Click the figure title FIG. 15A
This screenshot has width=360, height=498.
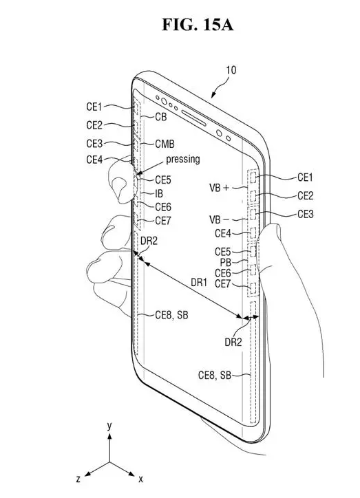198,25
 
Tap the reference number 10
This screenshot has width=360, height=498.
231,70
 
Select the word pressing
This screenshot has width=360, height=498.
183,159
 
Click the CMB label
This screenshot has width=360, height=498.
165,144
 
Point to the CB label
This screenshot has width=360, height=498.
161,117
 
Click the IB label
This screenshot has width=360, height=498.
159,193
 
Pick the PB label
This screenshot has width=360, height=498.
225,262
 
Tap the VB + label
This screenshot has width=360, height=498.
219,188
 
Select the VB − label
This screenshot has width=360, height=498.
219,219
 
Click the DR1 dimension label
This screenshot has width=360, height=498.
199,282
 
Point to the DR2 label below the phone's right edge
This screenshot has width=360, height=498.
233,342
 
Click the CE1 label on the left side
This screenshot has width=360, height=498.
94,107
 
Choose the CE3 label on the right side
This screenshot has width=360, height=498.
306,214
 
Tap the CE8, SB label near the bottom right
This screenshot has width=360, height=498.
215,375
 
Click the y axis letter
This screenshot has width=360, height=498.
109,426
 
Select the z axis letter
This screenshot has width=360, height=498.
78,479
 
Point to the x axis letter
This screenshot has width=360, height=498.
140,479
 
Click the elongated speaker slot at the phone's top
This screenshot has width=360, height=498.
194,118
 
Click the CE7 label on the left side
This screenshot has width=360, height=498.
163,220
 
